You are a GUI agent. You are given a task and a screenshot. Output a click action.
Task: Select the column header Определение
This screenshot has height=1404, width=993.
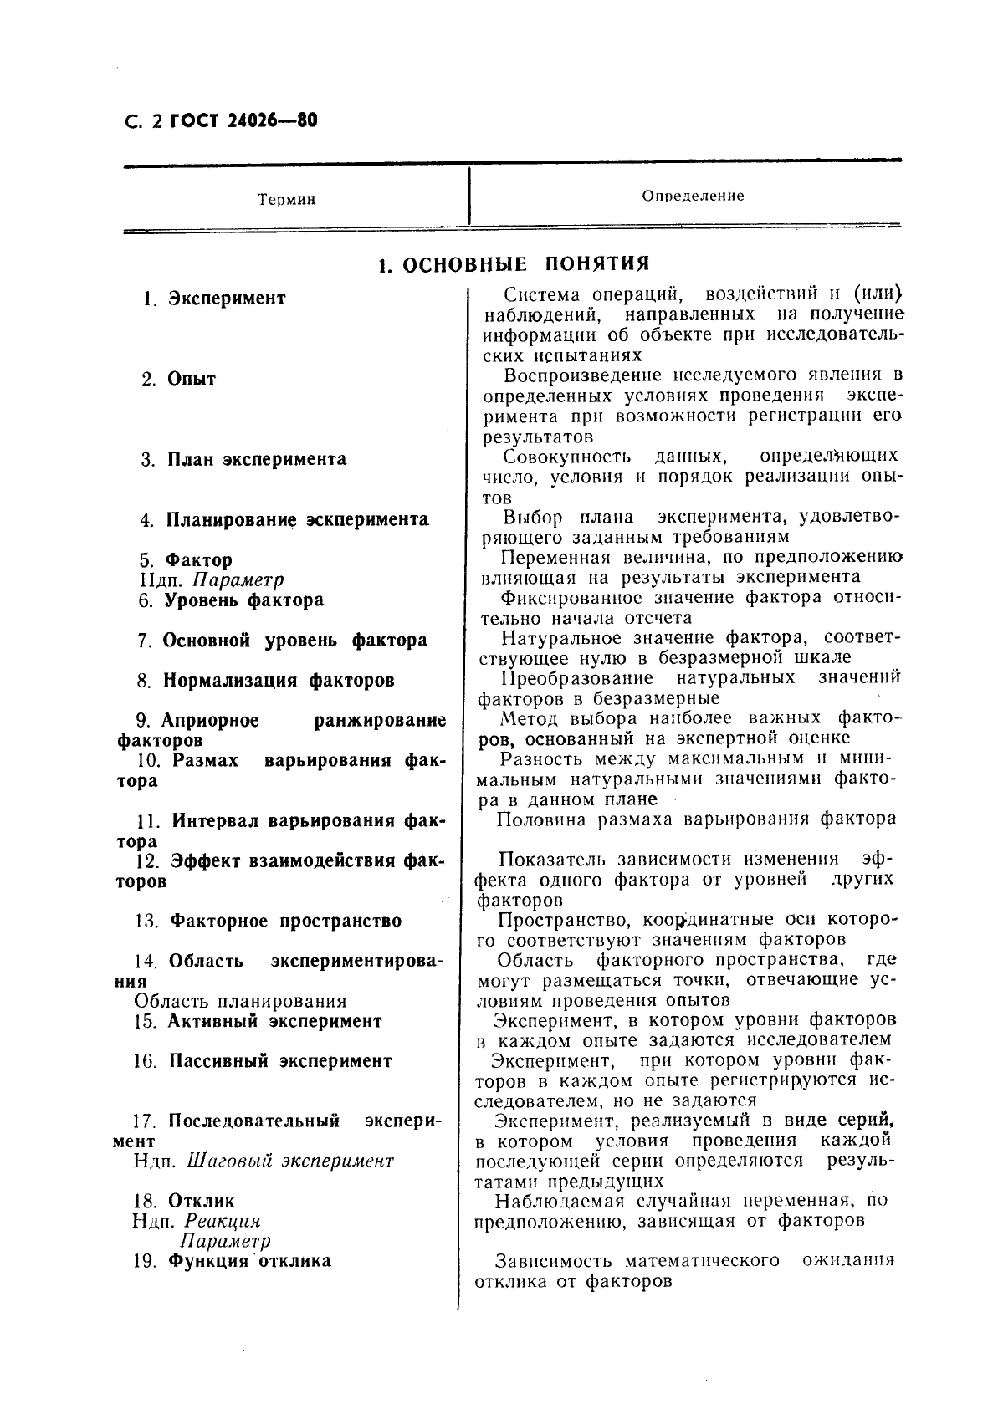click(693, 196)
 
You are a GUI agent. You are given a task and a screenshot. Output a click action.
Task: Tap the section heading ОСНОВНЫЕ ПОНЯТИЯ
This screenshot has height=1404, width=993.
click(526, 264)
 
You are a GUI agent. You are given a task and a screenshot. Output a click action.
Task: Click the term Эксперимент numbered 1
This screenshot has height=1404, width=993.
click(227, 299)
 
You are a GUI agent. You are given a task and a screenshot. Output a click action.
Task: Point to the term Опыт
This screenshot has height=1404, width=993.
click(192, 380)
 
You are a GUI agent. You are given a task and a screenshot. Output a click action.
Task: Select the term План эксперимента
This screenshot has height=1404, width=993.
click(256, 459)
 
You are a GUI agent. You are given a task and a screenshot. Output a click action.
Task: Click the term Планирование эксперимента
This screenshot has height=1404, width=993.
click(297, 520)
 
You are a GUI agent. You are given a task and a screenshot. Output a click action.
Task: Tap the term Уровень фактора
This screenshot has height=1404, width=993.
click(243, 600)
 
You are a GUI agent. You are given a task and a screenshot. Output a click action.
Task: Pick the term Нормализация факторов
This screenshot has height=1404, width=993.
click(278, 681)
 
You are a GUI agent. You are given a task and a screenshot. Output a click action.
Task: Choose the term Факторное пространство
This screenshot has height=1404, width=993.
click(285, 922)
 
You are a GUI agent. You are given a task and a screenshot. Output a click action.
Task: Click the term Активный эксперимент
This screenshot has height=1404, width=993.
click(274, 1021)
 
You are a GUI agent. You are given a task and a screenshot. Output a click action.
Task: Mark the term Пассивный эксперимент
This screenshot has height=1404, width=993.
click(280, 1061)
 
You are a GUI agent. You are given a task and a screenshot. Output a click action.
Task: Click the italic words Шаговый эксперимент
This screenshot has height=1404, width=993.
click(289, 1161)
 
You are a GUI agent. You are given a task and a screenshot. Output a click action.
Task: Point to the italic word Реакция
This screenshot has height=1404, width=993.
click(222, 1222)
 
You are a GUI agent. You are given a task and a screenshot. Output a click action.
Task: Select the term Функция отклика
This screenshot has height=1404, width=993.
click(249, 1261)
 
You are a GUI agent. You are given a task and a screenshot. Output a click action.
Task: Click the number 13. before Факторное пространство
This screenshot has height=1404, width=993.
click(146, 922)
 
